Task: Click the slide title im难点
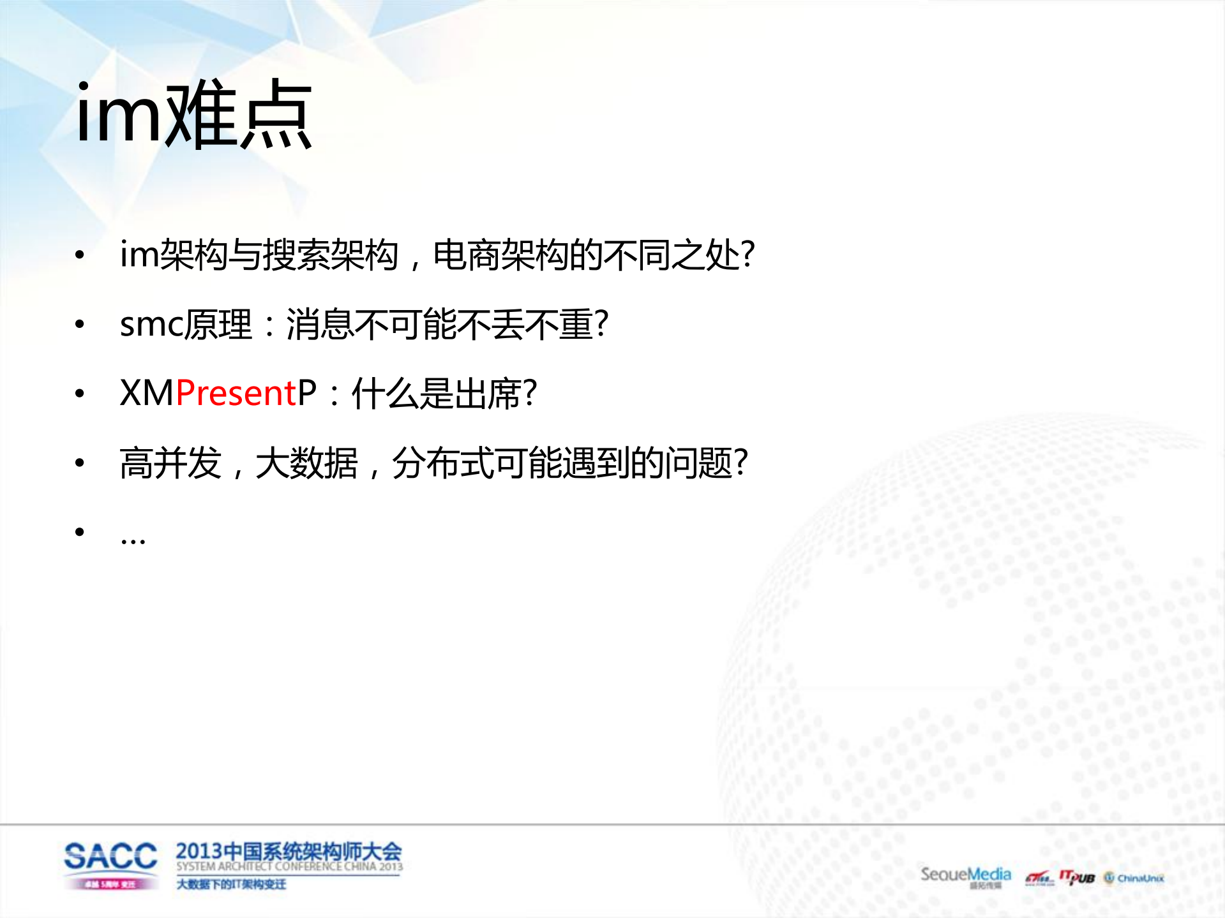(x=193, y=115)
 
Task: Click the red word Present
(x=236, y=393)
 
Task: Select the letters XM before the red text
(x=147, y=393)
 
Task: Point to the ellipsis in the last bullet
(x=133, y=540)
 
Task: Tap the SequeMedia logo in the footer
(x=965, y=875)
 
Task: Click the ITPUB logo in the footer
(x=1077, y=878)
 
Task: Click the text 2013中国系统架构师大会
(x=289, y=851)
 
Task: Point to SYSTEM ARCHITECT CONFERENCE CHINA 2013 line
(x=289, y=866)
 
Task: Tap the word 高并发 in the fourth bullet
(x=170, y=463)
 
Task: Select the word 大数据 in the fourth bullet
(x=306, y=463)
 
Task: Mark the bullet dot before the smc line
(x=80, y=324)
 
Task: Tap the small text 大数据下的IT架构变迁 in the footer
(x=231, y=884)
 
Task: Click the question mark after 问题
(x=740, y=463)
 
